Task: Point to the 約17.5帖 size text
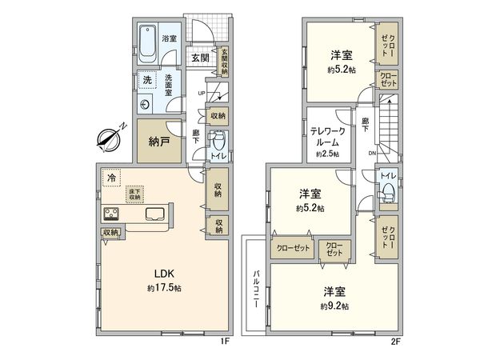(163, 287)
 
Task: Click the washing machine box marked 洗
(146, 80)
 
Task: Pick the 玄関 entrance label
(200, 58)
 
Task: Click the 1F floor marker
(225, 342)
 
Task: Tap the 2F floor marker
(394, 342)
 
